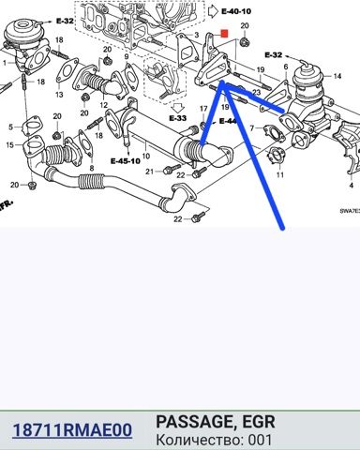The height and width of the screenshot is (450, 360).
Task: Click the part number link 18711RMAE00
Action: (72, 430)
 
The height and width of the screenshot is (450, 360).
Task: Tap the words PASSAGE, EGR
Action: (216, 422)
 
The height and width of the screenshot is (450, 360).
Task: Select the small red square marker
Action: (224, 34)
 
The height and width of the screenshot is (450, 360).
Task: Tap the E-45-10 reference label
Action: (126, 161)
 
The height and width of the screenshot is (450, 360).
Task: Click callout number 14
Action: (337, 76)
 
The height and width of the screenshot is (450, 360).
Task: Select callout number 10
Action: (146, 156)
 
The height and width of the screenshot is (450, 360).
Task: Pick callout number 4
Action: (352, 185)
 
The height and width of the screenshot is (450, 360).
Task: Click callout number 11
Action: (280, 174)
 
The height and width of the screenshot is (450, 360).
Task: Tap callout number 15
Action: (10, 145)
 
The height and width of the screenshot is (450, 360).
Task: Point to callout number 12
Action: (103, 105)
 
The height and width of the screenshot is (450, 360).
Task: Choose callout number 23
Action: (256, 92)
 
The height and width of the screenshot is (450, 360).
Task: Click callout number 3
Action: (196, 35)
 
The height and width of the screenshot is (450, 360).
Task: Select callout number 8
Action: (92, 168)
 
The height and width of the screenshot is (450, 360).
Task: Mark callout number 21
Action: (150, 172)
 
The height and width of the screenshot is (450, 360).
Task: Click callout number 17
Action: (203, 109)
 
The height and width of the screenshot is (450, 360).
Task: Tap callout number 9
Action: (127, 56)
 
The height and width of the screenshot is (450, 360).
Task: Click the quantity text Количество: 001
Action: (214, 440)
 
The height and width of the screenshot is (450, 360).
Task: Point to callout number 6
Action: (286, 67)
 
